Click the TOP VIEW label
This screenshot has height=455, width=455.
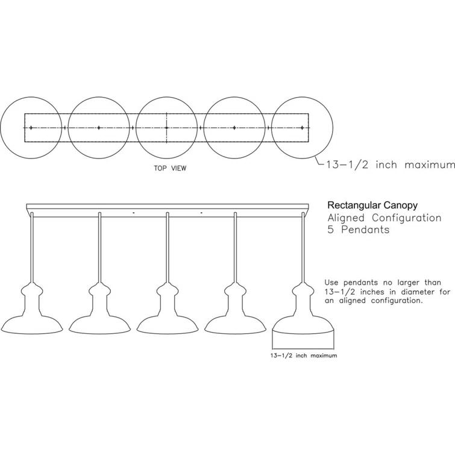pos(170,169)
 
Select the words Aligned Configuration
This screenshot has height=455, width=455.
pos(384,217)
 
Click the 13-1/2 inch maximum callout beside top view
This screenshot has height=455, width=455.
pos(389,165)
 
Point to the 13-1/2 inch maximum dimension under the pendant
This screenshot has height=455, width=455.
pos(303,356)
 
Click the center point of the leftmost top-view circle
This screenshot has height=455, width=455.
pos(31,128)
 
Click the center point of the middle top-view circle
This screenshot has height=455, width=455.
pos(166,128)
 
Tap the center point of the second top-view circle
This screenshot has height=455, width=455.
pos(98,128)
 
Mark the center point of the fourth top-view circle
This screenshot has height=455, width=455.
pos(234,128)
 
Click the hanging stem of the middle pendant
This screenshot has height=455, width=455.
pos(167,247)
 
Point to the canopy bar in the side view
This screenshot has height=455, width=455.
pos(167,207)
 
